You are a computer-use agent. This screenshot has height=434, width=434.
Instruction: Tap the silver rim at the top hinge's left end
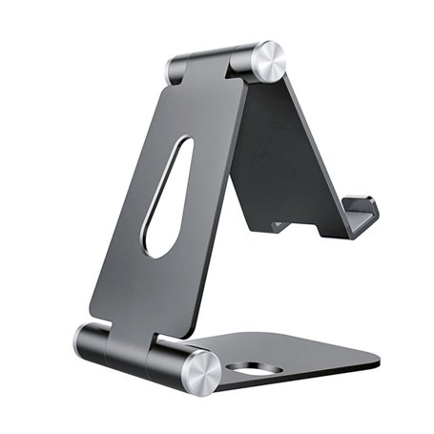tap(175, 70)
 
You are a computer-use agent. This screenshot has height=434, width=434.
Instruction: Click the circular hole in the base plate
tap(250, 369)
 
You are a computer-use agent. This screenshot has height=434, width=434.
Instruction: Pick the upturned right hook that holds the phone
tap(361, 215)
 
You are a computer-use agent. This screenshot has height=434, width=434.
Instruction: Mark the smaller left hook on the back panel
tap(279, 227)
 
